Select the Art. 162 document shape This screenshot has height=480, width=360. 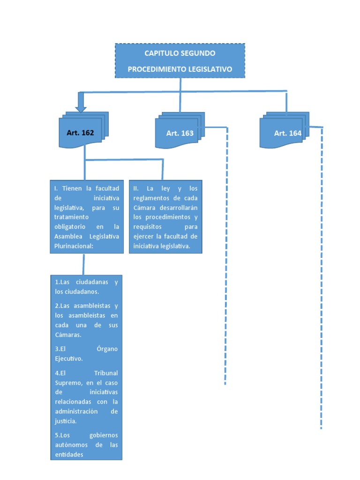coord(81,133)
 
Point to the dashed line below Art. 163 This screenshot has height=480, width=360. coord(225,258)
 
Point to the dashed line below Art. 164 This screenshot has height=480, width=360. coord(321,281)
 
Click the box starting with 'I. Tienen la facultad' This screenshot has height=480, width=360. coord(87,217)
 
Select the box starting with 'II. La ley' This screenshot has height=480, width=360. coord(165,217)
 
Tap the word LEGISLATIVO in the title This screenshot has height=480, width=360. coord(210,69)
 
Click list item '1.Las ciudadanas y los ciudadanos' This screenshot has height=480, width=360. coord(86,286)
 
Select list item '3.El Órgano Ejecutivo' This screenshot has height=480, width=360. coord(86,353)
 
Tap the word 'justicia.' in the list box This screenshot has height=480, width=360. coord(66,421)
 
